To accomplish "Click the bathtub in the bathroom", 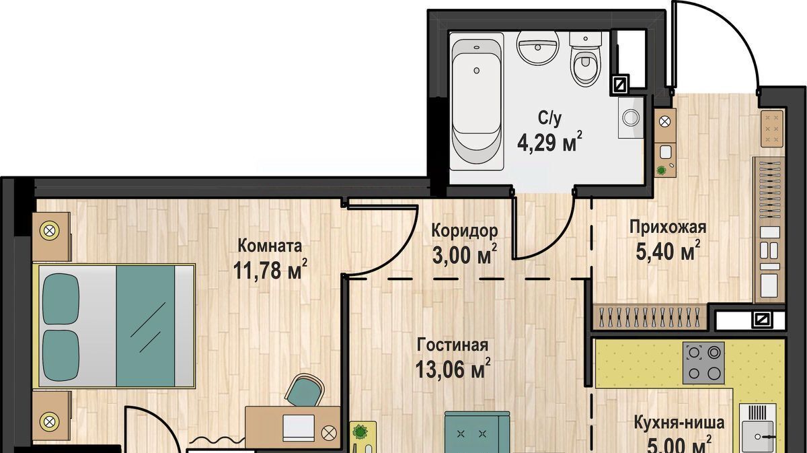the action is point(477,102).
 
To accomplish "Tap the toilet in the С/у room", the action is point(586,59).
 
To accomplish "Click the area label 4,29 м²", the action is point(550,143).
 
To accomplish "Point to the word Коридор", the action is point(465,231).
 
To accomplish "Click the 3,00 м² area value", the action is point(465,254).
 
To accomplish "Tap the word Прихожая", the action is point(668,228).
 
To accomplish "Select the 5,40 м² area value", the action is point(668,250).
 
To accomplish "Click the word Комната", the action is point(270,246).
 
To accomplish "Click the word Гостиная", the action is point(453,345).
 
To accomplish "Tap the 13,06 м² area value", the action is point(453,369).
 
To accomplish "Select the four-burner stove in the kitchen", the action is point(703,363).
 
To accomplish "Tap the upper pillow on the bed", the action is point(61,299).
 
